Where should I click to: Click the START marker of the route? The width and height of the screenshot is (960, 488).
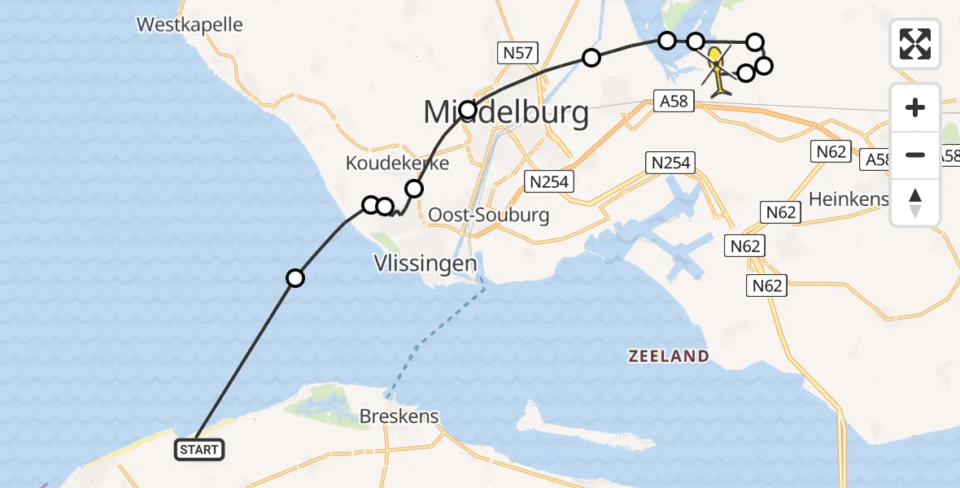point(199,450)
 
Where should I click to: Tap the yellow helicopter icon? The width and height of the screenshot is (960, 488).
point(717,72)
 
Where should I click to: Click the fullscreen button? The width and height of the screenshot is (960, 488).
point(915,44)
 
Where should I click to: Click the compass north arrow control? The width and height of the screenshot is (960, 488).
point(915,203)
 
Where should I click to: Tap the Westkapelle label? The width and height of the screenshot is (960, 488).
point(190,24)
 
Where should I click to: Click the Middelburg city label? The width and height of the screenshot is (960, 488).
point(506,112)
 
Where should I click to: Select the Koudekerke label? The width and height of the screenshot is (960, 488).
point(397,163)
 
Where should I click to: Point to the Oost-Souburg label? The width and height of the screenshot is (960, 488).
point(488,216)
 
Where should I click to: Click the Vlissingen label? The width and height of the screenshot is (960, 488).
point(425,264)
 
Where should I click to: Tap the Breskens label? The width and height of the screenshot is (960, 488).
point(399,416)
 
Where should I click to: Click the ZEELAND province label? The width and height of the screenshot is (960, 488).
point(668,356)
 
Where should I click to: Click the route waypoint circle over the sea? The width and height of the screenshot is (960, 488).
point(295,278)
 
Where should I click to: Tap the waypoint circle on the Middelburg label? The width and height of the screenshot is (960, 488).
point(468,110)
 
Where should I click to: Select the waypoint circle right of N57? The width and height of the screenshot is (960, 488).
point(591,58)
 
